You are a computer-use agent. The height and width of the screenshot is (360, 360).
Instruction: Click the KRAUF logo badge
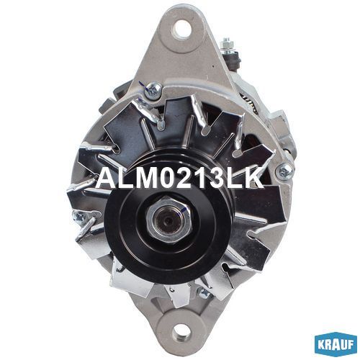pyautogui.click(x=336, y=344)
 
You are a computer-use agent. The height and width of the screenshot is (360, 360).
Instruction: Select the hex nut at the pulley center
pyautogui.click(x=169, y=218)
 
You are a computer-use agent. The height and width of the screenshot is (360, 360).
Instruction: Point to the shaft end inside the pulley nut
pyautogui.click(x=168, y=220)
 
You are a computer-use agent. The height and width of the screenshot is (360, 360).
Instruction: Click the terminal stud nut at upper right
pyautogui.click(x=228, y=45)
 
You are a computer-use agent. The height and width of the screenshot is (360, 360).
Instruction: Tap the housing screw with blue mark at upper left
pyautogui.click(x=153, y=90)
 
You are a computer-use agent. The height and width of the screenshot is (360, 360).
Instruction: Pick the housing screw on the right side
pyautogui.click(x=285, y=171)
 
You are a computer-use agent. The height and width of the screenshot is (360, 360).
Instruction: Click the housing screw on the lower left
pyautogui.click(x=78, y=217)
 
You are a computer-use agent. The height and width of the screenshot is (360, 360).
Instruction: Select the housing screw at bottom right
pyautogui.click(x=204, y=292)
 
